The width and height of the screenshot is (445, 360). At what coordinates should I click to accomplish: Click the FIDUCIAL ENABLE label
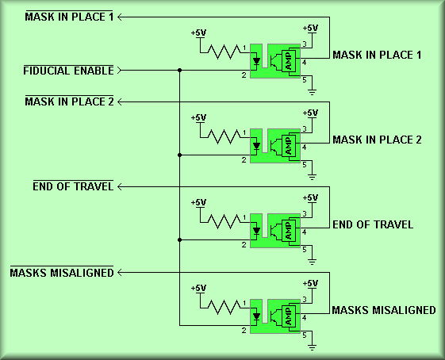(x=68, y=71)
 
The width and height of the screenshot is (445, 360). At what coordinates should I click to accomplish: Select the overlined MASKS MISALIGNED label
(x=62, y=273)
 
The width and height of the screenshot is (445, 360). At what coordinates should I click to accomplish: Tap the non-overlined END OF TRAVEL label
(x=373, y=224)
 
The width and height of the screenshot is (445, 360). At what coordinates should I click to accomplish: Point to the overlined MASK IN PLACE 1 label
(x=69, y=17)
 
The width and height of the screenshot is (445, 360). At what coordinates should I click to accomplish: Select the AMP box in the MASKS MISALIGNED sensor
(x=289, y=316)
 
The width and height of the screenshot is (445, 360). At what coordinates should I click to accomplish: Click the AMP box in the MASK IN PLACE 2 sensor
(x=289, y=146)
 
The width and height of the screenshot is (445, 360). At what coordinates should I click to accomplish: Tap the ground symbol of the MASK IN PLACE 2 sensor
(x=312, y=177)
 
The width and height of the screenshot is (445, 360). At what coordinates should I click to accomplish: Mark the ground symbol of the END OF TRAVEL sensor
(x=312, y=262)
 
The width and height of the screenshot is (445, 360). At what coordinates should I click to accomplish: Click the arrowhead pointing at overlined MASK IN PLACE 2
(x=120, y=101)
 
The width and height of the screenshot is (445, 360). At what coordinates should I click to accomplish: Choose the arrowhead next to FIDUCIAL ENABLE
(x=119, y=70)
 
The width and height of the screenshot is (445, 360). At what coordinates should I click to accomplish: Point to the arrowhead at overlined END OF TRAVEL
(x=120, y=186)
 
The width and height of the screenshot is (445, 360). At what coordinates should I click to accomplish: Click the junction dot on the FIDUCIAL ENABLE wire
(x=179, y=70)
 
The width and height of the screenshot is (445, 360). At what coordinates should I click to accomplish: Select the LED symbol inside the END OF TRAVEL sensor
(x=256, y=232)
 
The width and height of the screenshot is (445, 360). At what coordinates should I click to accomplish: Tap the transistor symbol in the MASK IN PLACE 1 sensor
(x=274, y=61)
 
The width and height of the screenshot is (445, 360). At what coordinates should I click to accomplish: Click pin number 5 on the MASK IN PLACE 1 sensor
(x=305, y=80)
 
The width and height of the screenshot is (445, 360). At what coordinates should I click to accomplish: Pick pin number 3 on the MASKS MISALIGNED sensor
(x=305, y=299)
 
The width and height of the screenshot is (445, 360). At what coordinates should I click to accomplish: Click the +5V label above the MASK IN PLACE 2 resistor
(x=198, y=117)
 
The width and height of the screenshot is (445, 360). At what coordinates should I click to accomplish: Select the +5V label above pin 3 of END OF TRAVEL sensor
(x=310, y=197)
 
